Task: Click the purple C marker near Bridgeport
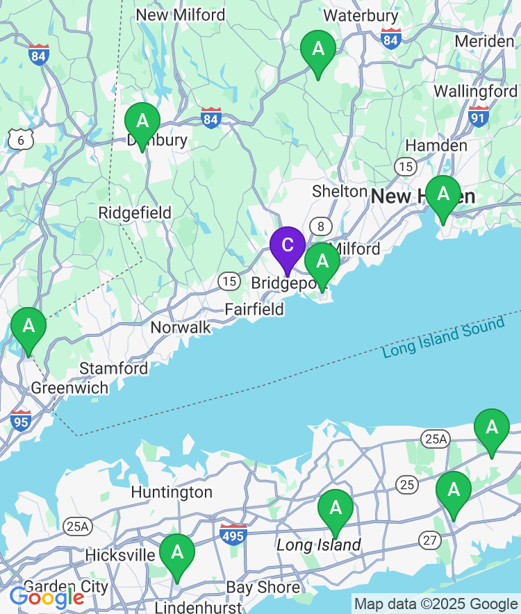pos(287,245)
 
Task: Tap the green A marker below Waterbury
pos(318,50)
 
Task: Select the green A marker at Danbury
pos(142,122)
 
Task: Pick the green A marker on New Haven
pos(443,194)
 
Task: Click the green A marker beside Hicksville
pos(177,553)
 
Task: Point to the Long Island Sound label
pos(443,337)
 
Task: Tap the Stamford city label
pos(114,368)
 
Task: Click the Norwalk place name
pos(181,327)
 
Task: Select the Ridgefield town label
pos(135,213)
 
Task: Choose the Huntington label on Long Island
pos(172,492)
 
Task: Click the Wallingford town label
pos(475,91)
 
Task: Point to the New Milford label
pos(181,15)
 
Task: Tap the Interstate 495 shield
pos(233,534)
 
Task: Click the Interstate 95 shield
pos(21,420)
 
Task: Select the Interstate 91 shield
pos(479,115)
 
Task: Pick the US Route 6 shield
pos(21,140)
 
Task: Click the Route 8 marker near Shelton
pos(320,226)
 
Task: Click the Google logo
pos(47,597)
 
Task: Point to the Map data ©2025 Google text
pos(436,604)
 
